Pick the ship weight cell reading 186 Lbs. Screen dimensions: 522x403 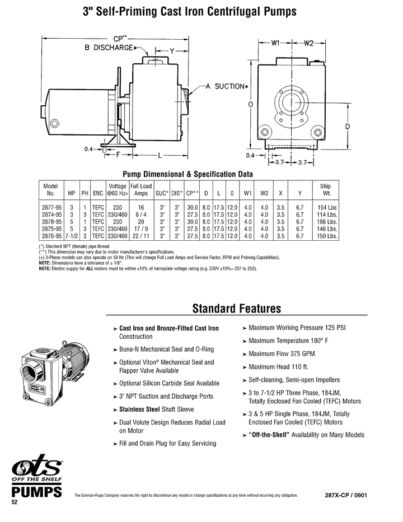pos(328,222)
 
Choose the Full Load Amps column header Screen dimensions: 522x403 pos(141,190)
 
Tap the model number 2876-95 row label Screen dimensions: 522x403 pos(51,236)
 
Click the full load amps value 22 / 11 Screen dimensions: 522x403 pos(141,236)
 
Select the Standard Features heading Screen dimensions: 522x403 pos(236,309)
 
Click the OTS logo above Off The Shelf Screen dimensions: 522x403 pos(37,470)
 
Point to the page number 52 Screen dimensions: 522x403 pos(16,502)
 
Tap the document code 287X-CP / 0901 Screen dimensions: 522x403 pos(346,496)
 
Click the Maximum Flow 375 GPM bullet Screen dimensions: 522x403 pos(278,367)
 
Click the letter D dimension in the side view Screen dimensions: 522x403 pos(347,127)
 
